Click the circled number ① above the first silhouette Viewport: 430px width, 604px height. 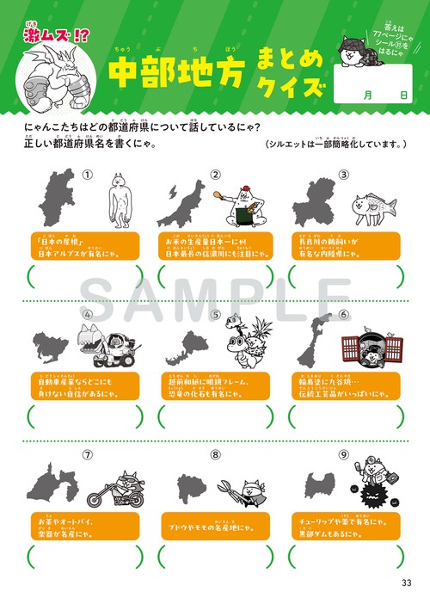[x=86, y=175]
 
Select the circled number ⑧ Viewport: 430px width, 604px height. [x=214, y=454]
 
